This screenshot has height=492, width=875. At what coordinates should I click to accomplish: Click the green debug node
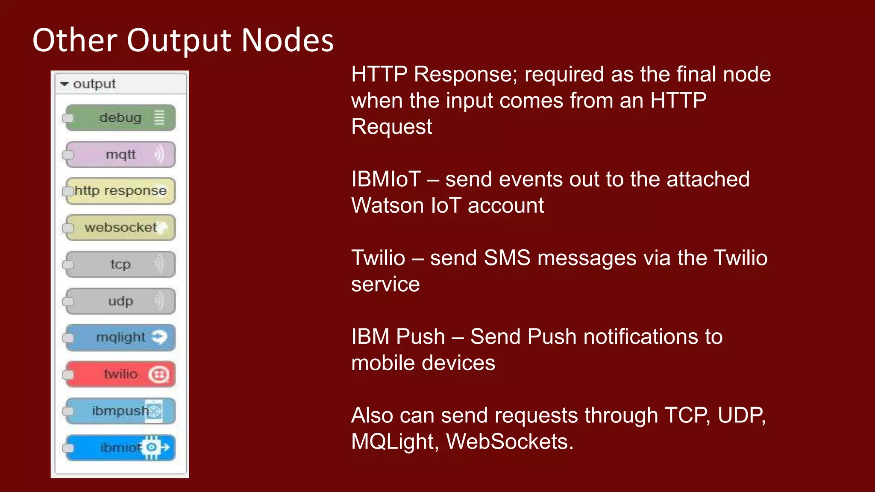[x=120, y=118]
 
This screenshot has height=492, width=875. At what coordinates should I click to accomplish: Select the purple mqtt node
[x=120, y=155]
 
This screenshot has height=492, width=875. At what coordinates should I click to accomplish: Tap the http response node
[x=120, y=191]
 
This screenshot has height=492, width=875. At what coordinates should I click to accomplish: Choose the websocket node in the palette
[x=120, y=228]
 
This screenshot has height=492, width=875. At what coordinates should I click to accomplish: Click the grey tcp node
[x=120, y=264]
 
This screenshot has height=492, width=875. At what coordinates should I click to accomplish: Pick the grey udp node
[x=120, y=301]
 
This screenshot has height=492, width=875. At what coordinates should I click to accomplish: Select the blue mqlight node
[x=120, y=337]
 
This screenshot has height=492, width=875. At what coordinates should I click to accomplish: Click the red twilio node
[x=120, y=374]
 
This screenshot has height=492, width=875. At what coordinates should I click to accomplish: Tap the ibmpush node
[x=120, y=411]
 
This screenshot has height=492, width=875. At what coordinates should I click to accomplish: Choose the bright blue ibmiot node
[x=120, y=448]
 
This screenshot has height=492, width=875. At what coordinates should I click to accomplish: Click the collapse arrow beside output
[x=65, y=84]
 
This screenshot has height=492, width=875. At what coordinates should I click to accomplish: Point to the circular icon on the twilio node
[x=159, y=375]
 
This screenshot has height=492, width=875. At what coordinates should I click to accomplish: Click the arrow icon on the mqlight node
[x=159, y=337]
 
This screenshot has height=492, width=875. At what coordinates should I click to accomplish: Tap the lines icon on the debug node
[x=159, y=117]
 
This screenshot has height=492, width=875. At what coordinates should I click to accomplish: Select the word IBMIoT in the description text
[x=386, y=179]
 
